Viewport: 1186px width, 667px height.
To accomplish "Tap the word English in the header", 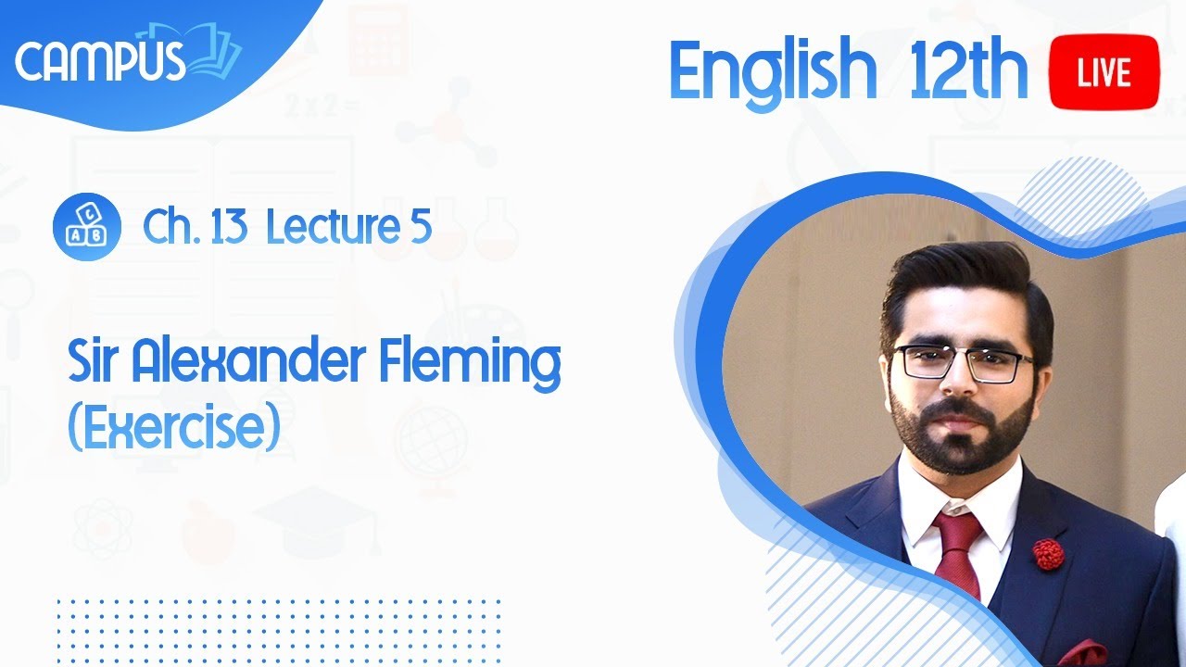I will (772, 72).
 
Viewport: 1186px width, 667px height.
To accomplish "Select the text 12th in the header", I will (967, 72).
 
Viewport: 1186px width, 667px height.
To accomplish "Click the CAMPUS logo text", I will (100, 62).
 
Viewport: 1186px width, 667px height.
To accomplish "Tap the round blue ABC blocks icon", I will (87, 227).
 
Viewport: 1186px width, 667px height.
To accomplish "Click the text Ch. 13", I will (194, 227).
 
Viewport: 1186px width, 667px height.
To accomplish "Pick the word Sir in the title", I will (95, 363).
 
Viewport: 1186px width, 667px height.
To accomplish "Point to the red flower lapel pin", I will (1048, 553).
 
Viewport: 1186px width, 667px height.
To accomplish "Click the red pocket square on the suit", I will (1084, 654).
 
